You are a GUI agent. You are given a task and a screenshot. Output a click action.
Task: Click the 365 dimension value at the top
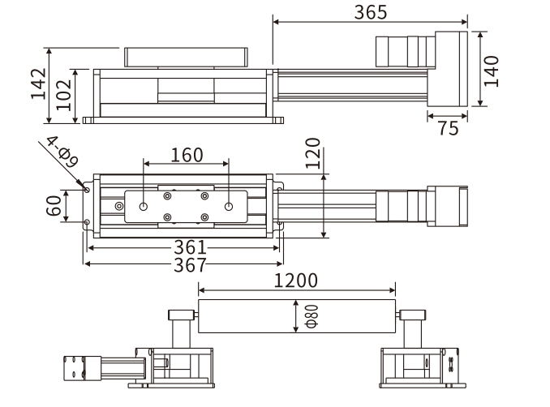pyautogui.click(x=371, y=12)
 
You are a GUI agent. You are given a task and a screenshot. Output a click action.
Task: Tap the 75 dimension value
pyautogui.click(x=447, y=129)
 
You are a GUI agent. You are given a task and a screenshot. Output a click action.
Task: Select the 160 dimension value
pyautogui.click(x=187, y=155)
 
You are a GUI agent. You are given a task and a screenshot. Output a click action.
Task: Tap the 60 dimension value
pyautogui.click(x=54, y=206)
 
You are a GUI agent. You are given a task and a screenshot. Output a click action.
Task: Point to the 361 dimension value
pyautogui.click(x=184, y=248)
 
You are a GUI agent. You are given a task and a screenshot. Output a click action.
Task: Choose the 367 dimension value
pyautogui.click(x=184, y=265)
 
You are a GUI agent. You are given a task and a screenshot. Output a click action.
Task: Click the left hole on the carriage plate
pyautogui.click(x=144, y=207)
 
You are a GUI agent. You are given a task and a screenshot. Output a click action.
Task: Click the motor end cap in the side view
pyautogui.click(x=450, y=70)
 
